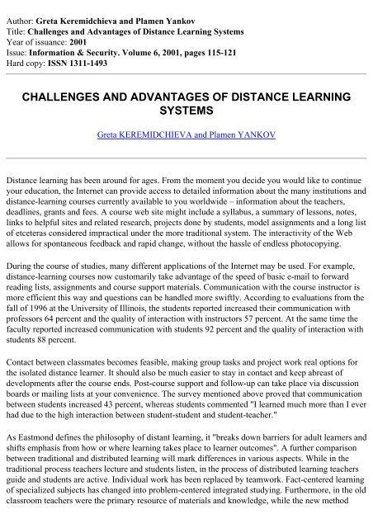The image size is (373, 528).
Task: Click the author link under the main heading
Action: click(x=186, y=133)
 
